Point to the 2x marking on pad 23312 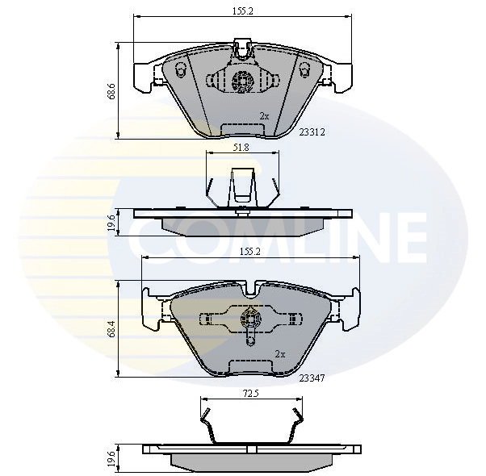coord(264,115)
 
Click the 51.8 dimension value coord(240,148)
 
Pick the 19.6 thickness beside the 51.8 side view coord(113,222)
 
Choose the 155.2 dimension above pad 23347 coord(249,251)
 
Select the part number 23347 coord(312,377)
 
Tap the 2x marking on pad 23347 coord(280,353)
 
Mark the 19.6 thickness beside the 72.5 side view coord(113,459)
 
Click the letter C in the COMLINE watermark coord(149,234)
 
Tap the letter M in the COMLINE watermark coord(234,234)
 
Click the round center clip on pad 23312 coord(241,80)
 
